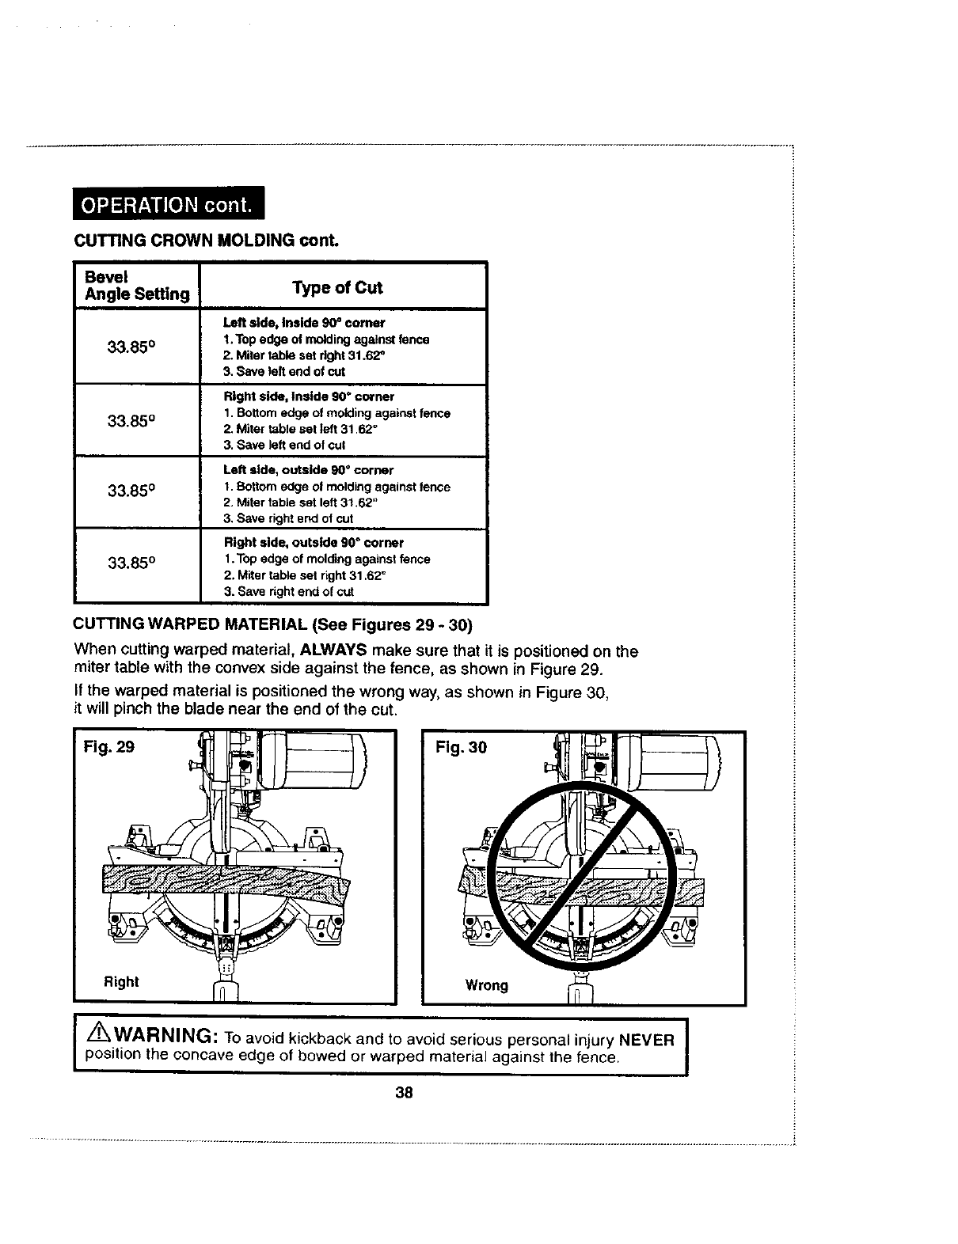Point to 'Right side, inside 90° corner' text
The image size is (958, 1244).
309,396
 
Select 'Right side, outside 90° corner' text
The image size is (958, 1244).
314,543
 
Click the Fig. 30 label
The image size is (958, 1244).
462,747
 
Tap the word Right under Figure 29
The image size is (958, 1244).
121,982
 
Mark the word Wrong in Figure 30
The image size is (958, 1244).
486,985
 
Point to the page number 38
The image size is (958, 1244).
404,1093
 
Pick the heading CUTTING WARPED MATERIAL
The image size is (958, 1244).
190,627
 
